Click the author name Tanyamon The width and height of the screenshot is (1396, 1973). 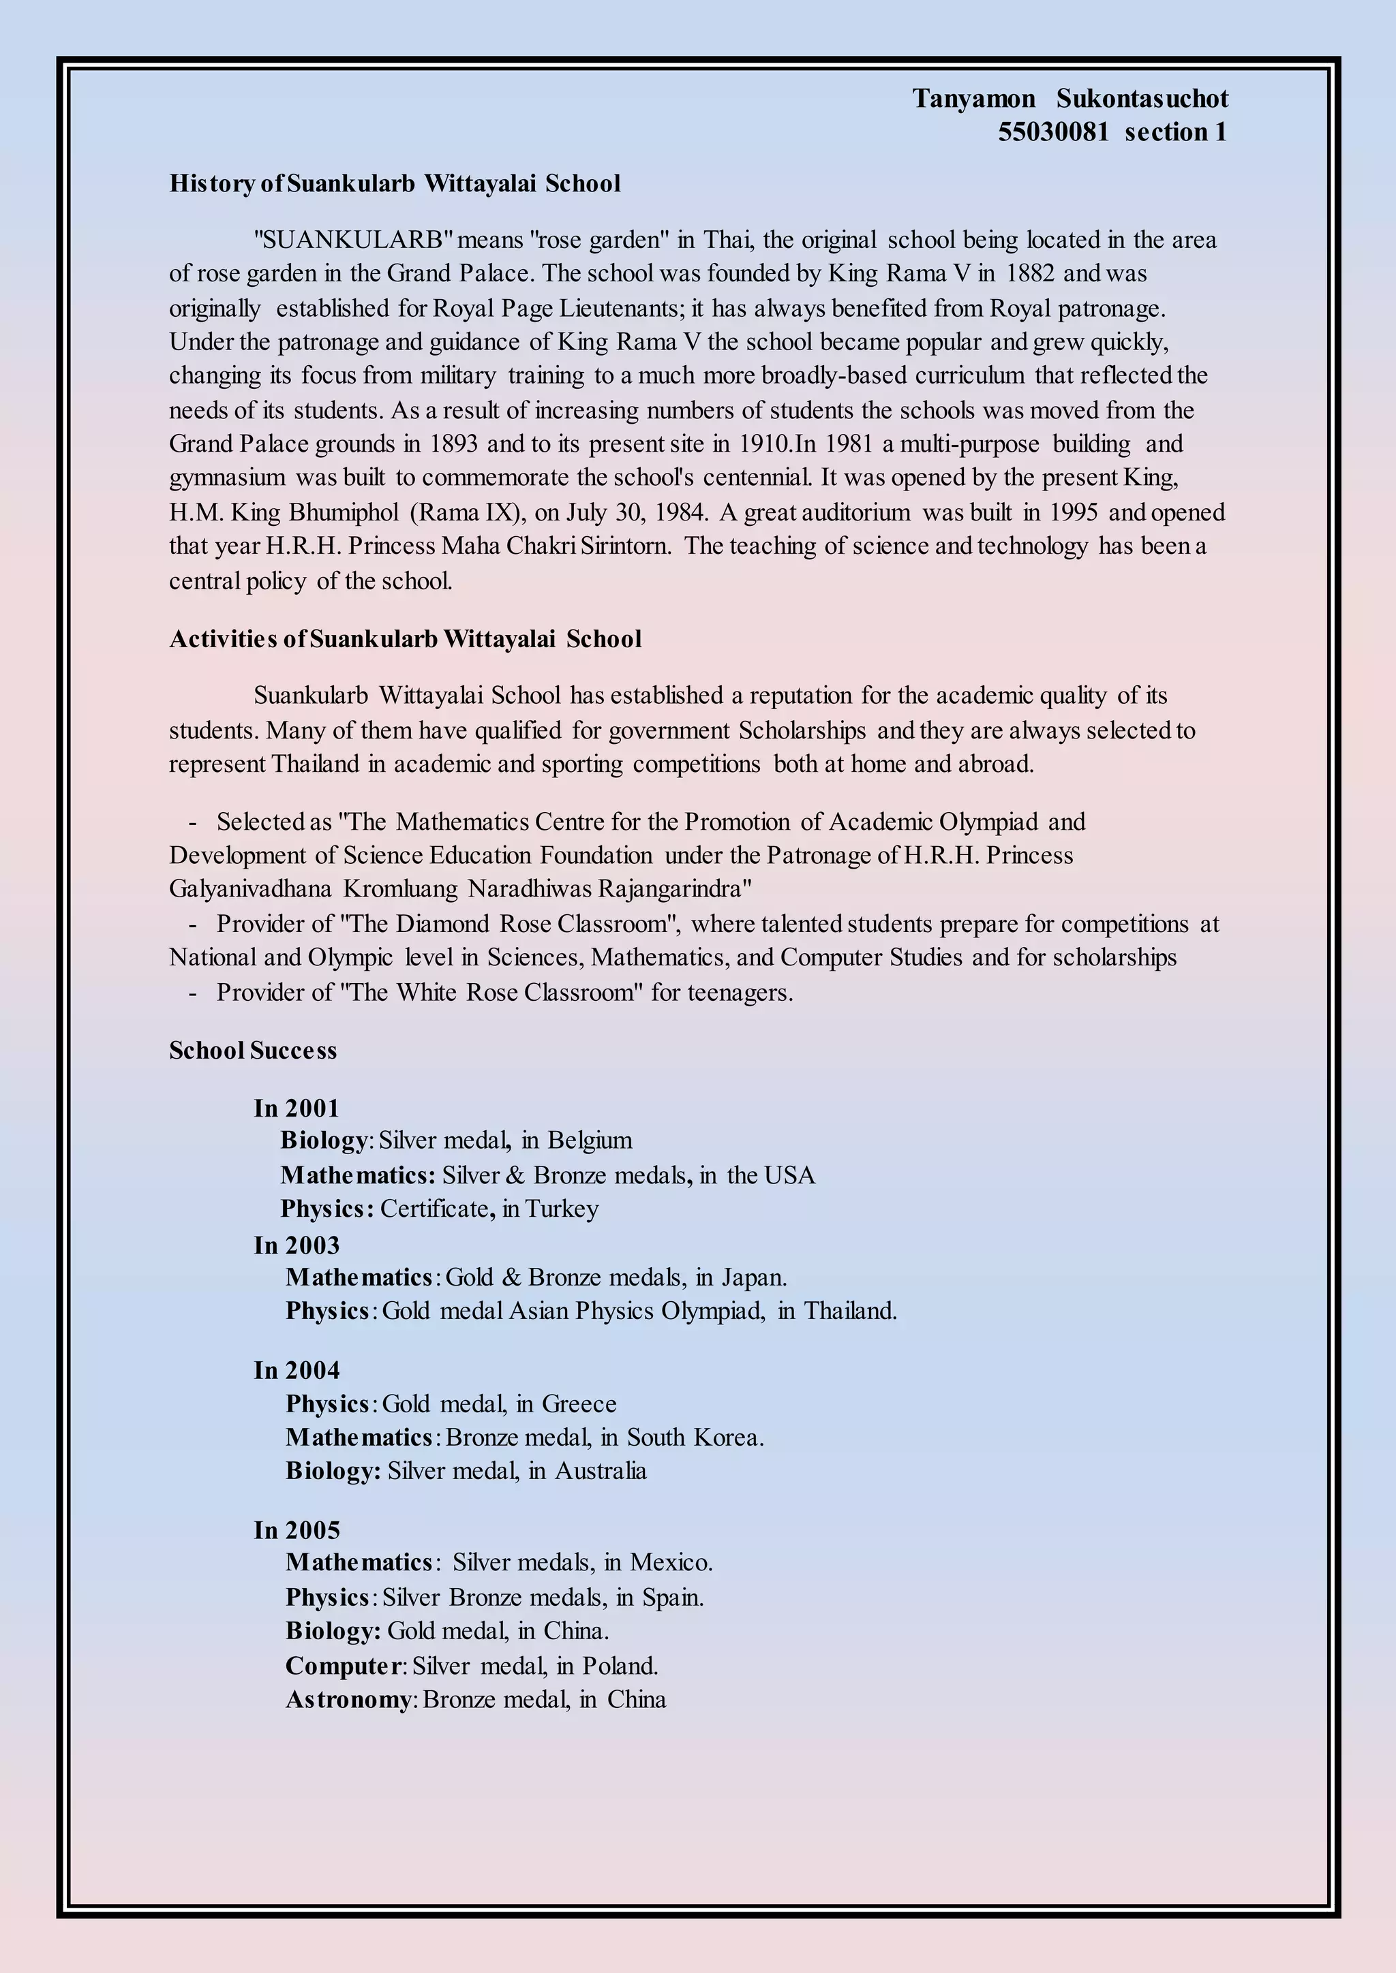pos(973,99)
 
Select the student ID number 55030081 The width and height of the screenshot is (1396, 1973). pos(1053,132)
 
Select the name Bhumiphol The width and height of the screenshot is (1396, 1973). pos(344,512)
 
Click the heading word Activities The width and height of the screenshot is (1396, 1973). pos(224,639)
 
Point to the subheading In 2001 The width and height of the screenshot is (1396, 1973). pos(297,1108)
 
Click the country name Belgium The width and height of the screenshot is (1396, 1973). pos(590,1140)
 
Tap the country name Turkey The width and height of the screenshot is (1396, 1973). pos(562,1209)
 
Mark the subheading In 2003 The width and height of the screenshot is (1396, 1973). pos(297,1245)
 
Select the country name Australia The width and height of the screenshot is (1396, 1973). pos(600,1471)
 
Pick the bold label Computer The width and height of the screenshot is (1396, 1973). pos(342,1666)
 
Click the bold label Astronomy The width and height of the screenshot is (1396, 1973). pos(348,1700)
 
